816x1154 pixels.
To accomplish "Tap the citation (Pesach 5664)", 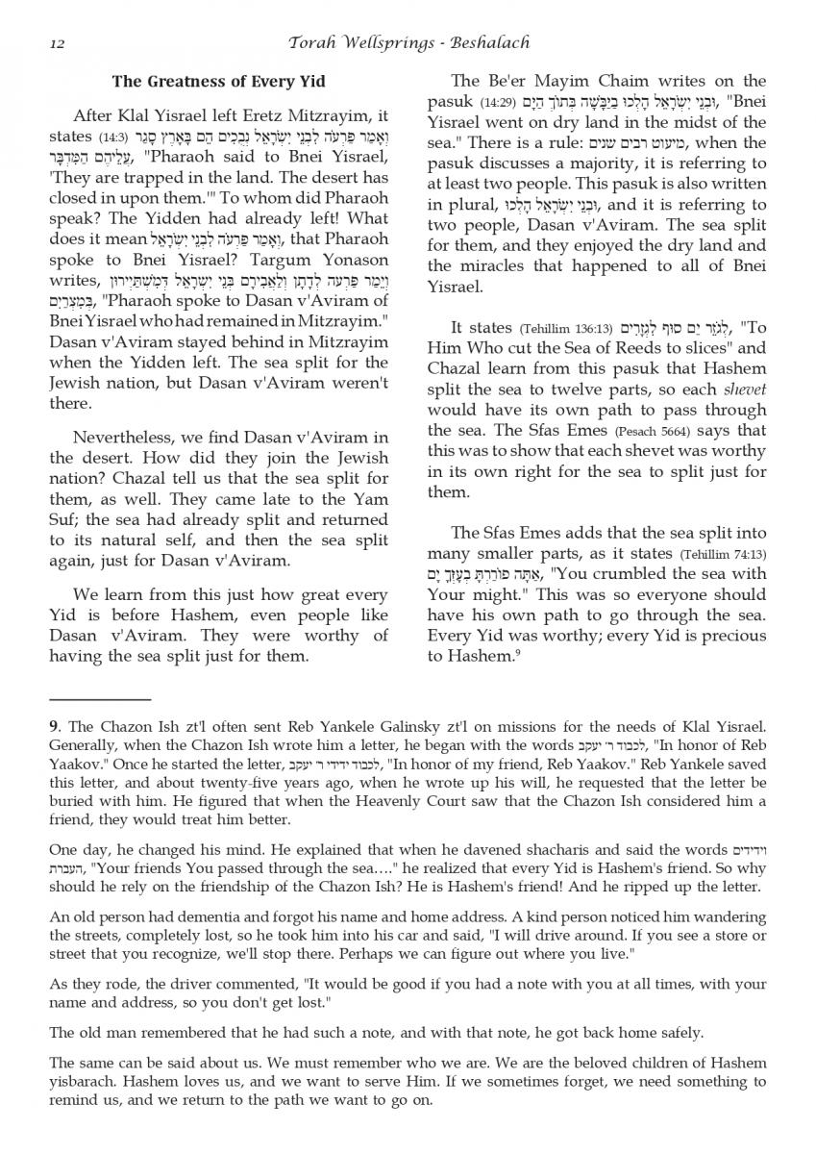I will click(656, 431).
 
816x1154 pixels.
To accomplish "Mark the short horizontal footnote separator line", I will click(100, 700).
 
